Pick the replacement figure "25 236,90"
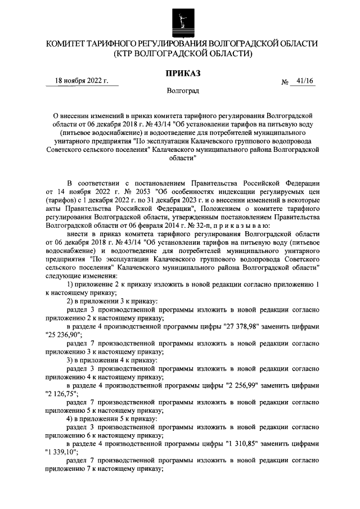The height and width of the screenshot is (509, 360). pos(64,334)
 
